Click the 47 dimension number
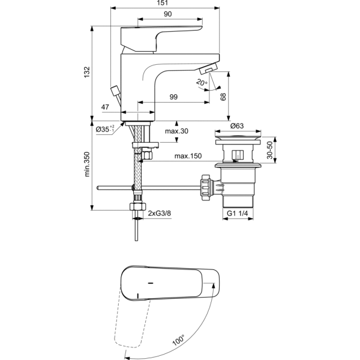pyautogui.click(x=106, y=107)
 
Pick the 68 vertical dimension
pyautogui.click(x=223, y=97)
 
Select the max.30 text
pyautogui.click(x=176, y=131)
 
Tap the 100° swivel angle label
pyautogui.click(x=179, y=340)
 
